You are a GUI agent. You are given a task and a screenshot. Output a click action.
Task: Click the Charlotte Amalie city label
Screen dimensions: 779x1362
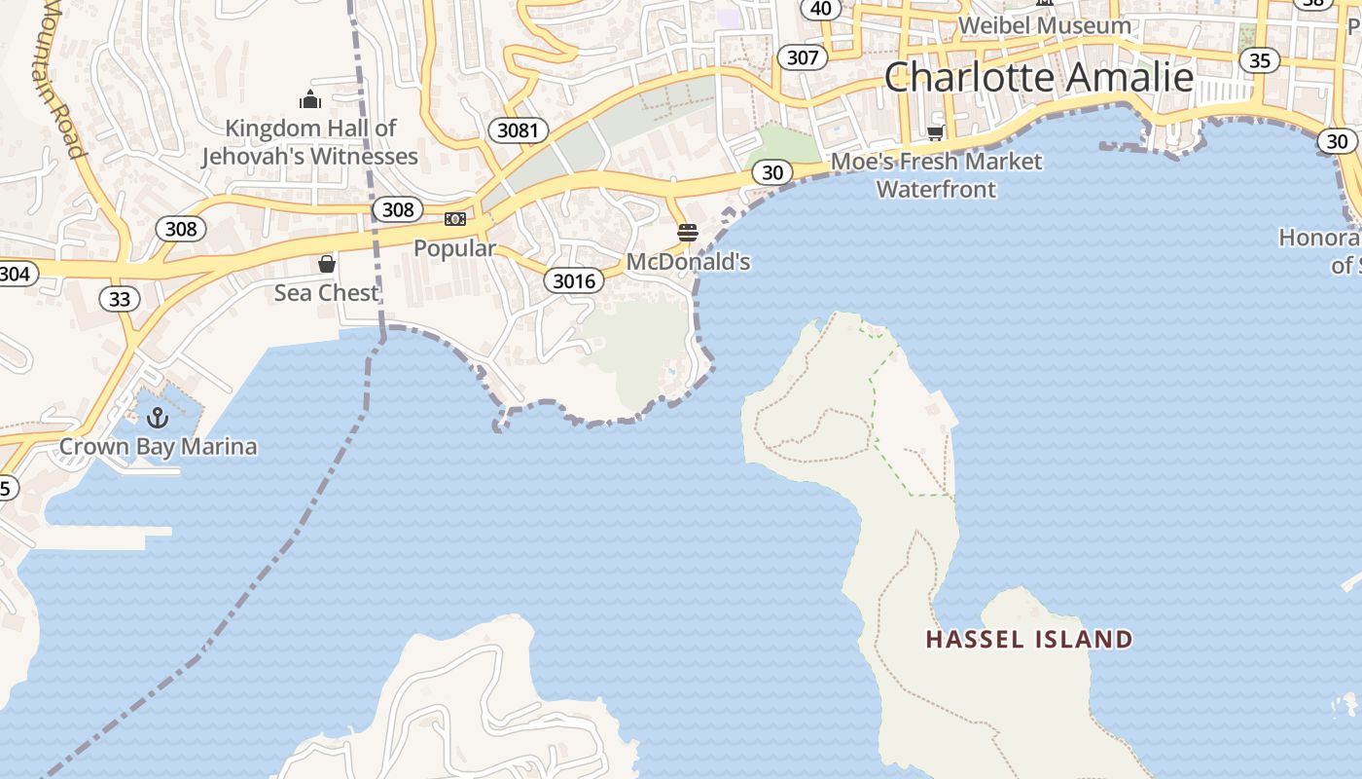click(x=1038, y=77)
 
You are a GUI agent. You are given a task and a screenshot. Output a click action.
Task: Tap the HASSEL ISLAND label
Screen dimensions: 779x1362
click(x=1029, y=640)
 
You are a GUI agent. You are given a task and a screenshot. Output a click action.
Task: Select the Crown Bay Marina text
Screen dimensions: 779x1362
click(x=159, y=447)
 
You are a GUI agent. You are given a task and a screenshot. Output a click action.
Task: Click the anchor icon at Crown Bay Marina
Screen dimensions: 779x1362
click(x=158, y=418)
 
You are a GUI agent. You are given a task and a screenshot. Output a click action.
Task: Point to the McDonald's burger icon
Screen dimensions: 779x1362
click(x=688, y=233)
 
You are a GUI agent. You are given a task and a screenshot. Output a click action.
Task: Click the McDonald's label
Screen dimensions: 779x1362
click(x=688, y=262)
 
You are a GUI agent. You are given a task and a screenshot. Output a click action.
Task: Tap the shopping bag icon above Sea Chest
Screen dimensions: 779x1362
click(x=327, y=264)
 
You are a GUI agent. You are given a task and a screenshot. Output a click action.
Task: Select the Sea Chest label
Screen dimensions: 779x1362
click(x=326, y=292)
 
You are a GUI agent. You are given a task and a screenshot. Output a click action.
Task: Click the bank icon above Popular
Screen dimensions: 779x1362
click(x=454, y=219)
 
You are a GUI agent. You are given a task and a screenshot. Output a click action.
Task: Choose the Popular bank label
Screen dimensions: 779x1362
click(x=454, y=248)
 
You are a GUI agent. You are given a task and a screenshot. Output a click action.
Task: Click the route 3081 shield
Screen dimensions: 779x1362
click(x=517, y=130)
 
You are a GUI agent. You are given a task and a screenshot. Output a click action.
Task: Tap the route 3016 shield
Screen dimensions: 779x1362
click(x=573, y=281)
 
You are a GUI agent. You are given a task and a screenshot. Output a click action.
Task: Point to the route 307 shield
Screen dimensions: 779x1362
click(x=802, y=57)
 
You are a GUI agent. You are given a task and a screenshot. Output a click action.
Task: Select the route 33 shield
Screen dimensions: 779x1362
click(x=119, y=299)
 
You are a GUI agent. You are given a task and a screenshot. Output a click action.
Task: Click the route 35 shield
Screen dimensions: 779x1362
click(x=1259, y=60)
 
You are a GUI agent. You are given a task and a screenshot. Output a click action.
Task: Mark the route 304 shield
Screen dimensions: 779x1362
click(x=14, y=274)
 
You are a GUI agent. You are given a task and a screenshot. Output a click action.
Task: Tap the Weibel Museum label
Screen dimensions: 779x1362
click(x=1044, y=25)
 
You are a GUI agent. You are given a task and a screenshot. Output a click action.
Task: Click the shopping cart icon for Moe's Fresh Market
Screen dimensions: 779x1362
click(x=936, y=132)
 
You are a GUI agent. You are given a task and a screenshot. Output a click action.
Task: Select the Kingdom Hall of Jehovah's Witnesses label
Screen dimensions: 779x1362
click(x=309, y=142)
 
